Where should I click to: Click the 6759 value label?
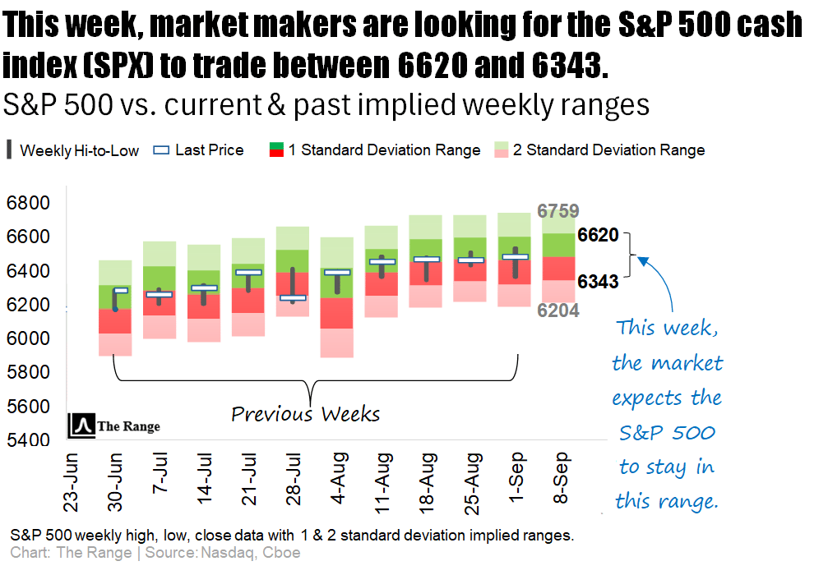click(558, 211)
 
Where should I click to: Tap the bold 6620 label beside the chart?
click(598, 236)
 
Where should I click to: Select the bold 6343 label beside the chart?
click(598, 282)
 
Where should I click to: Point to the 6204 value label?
click(558, 310)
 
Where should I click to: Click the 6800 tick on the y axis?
click(27, 203)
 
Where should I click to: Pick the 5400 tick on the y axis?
click(27, 440)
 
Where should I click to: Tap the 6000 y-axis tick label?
click(27, 338)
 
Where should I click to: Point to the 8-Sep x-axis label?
click(561, 479)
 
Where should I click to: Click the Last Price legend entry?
click(199, 150)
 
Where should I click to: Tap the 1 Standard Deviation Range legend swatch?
click(276, 149)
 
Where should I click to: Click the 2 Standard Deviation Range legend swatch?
click(502, 149)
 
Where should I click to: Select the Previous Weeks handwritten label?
click(305, 413)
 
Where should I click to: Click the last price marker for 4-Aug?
click(337, 272)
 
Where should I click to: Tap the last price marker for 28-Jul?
click(293, 297)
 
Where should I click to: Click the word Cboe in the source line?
click(282, 553)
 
